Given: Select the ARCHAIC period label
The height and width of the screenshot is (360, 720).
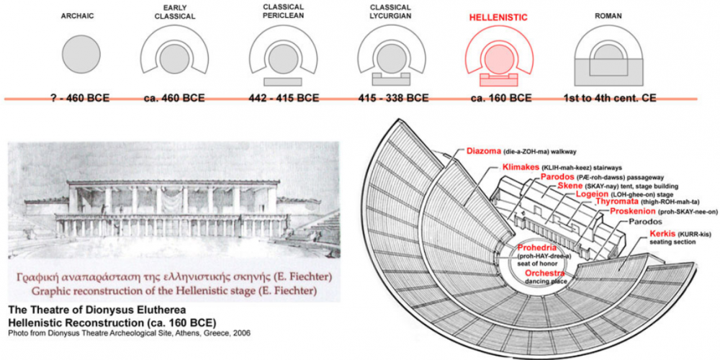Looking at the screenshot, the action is pos(81,16).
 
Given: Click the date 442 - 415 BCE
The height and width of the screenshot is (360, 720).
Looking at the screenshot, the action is pos(283,98).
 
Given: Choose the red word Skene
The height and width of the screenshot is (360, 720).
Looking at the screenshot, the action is pos(569,186).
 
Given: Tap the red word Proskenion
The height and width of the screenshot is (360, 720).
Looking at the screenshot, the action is pos(632,211).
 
